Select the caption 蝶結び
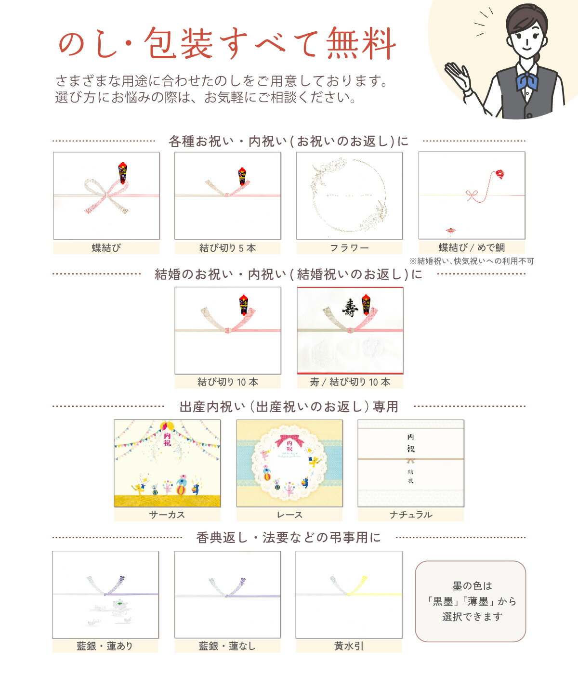106,248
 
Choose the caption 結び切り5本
227,248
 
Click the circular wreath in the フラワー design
349,195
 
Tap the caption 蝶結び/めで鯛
472,247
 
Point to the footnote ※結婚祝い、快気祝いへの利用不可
472,261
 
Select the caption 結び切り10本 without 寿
227,382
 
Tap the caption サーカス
167,515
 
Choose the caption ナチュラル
411,515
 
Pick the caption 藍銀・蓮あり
105,646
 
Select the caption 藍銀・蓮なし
227,646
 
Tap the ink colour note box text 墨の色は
472,586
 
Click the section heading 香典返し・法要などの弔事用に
289,537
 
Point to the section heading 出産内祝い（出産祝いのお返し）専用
289,407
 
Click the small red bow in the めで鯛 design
472,195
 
